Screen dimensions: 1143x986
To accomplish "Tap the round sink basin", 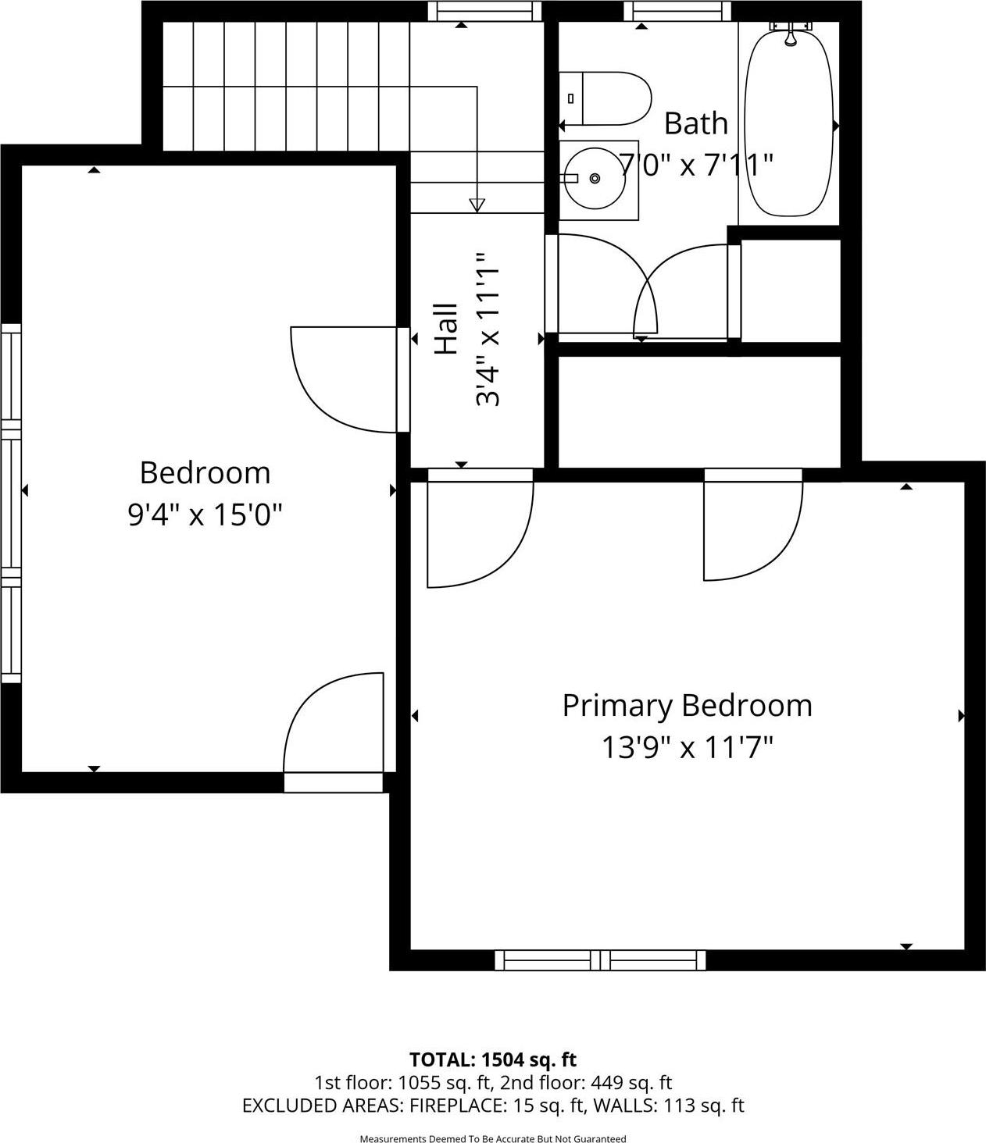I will click(595, 179).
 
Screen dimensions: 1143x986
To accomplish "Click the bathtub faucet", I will click(790, 32).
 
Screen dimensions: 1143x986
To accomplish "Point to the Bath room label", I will click(695, 123).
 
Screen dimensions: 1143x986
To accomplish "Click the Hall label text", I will click(445, 329).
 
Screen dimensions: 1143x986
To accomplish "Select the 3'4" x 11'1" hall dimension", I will click(487, 329).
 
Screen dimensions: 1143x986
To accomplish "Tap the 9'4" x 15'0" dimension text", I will click(204, 515).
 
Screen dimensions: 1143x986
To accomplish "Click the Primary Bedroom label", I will click(687, 705).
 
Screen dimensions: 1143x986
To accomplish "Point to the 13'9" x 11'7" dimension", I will click(687, 748).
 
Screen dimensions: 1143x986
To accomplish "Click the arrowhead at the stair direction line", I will click(477, 205).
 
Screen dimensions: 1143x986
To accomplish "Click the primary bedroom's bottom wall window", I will click(600, 960).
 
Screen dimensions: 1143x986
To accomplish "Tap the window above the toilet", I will click(678, 11).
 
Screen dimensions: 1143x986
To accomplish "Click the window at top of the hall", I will click(484, 11).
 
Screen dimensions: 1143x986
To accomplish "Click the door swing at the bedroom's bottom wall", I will click(332, 726).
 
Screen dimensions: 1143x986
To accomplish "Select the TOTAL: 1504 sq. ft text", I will click(492, 1059).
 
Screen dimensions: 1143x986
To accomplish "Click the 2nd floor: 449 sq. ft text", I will click(586, 1083).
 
